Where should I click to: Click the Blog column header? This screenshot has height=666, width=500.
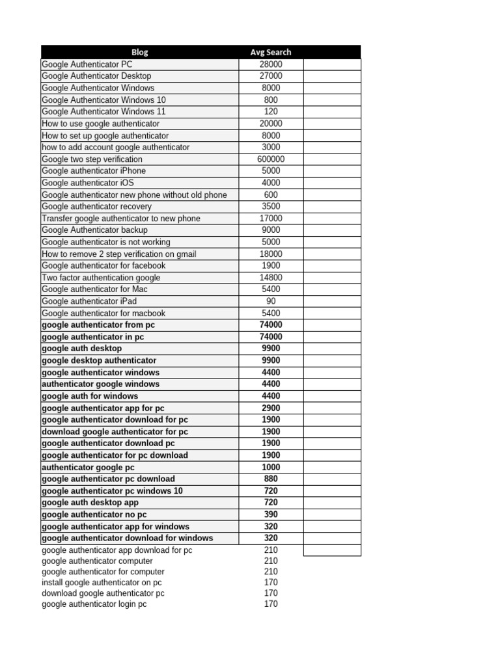coord(139,52)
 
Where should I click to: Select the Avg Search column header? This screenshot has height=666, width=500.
coord(271,52)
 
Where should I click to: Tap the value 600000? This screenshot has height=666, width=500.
coord(271,159)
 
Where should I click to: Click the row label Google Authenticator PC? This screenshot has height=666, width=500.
coord(87,64)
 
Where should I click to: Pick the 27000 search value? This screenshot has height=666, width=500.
coord(271,76)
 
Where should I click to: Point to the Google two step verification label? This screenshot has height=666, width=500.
coord(92,159)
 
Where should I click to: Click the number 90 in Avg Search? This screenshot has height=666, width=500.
coord(271,301)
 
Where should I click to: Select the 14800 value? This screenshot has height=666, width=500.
coord(271,278)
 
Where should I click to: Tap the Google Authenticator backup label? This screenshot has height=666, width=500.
coord(94,230)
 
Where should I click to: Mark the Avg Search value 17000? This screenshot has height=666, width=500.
coord(271,219)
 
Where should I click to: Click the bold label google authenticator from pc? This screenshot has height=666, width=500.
coord(98,325)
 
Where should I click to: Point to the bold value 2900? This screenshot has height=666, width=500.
coord(271,408)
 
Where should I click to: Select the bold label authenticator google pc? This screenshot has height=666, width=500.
coord(88,467)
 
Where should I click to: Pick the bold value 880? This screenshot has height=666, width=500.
coord(271,479)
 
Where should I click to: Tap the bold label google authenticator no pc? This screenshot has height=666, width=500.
coord(94,514)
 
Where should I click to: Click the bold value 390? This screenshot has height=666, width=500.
coord(271,514)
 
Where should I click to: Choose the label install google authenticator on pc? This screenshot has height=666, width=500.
coord(102,582)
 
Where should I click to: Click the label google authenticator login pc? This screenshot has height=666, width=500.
coord(94,604)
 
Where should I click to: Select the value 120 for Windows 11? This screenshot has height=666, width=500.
coord(271,112)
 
